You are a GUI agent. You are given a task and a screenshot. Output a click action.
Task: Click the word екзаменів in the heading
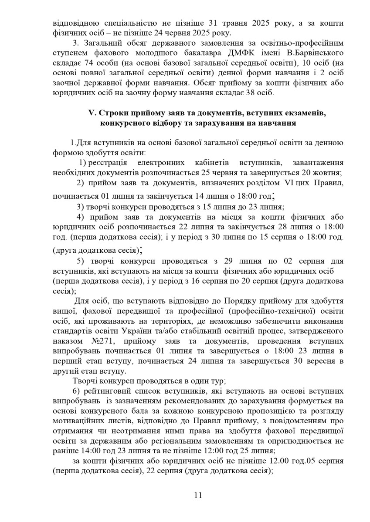[x=308, y=113]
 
